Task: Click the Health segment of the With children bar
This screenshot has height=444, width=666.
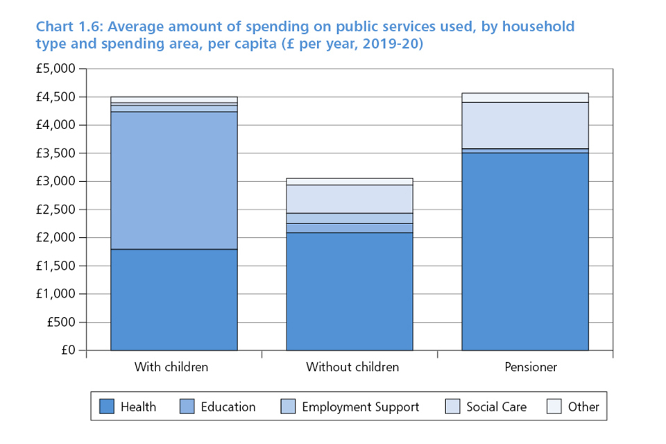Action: (174, 300)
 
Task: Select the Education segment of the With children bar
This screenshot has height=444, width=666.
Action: (174, 180)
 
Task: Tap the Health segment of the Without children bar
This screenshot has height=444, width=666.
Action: (350, 291)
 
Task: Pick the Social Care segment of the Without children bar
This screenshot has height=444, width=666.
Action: (350, 199)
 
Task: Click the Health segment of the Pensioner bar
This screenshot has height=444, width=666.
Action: (525, 251)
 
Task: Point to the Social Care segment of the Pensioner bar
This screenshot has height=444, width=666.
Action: (525, 126)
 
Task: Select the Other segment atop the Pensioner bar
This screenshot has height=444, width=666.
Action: (525, 98)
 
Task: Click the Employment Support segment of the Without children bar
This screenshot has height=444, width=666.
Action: (350, 218)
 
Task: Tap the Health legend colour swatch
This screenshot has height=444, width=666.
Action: (106, 407)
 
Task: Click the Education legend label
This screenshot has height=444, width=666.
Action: (228, 407)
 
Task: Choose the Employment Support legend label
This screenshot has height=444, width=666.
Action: (360, 407)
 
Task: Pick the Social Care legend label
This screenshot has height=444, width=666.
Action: (496, 407)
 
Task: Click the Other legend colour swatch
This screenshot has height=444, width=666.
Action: (554, 407)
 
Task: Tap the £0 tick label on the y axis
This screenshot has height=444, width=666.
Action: (67, 350)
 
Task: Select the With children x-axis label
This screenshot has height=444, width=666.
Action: (171, 367)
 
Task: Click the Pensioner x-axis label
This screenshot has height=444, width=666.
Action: (531, 367)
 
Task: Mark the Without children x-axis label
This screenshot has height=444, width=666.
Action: (352, 367)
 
